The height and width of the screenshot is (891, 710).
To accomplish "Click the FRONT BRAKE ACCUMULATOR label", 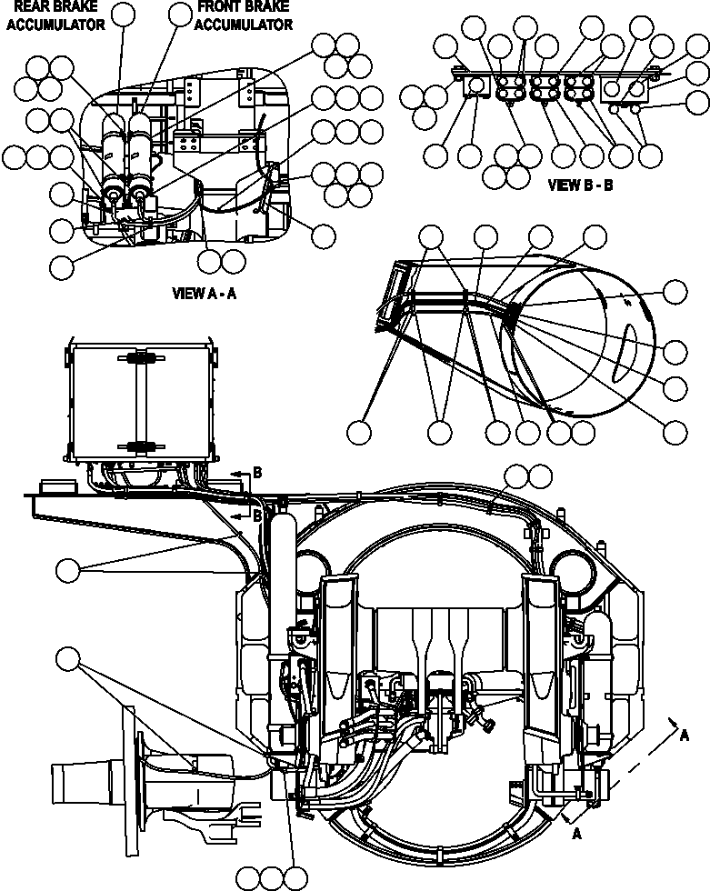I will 243,17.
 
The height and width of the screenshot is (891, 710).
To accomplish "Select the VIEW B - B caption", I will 581,185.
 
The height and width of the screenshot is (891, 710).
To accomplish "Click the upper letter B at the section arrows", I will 257,473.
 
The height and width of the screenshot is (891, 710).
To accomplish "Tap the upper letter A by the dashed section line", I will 684,737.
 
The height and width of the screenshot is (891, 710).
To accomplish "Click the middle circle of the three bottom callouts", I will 272,876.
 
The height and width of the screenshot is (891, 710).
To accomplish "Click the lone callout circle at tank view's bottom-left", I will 361,433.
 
